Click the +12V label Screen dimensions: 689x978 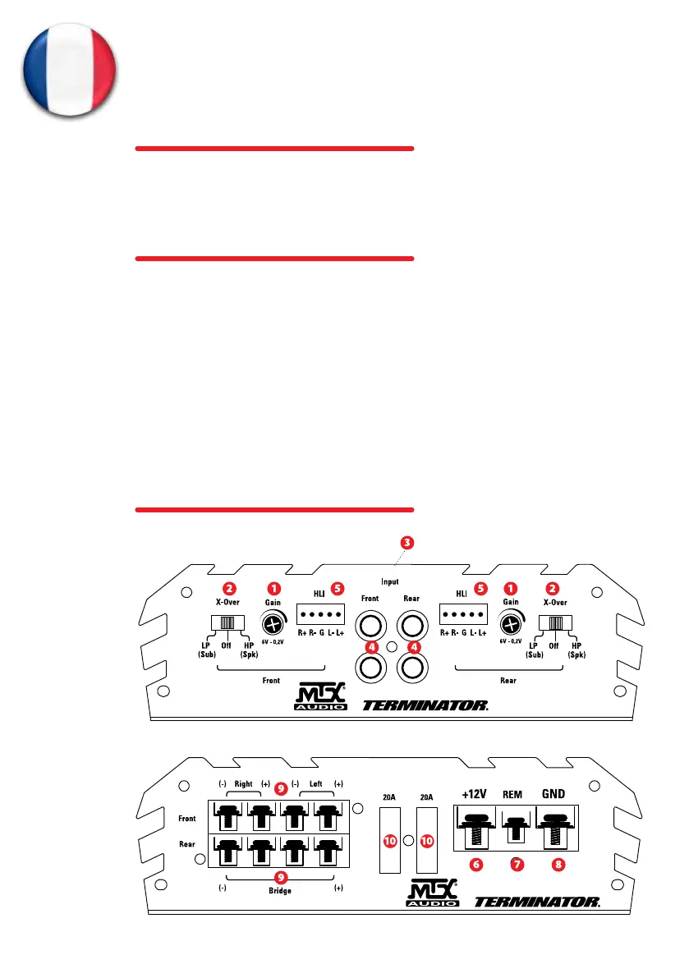click(475, 795)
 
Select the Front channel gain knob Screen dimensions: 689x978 click(272, 622)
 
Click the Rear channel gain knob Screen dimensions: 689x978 click(511, 622)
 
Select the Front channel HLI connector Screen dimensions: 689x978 click(321, 615)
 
